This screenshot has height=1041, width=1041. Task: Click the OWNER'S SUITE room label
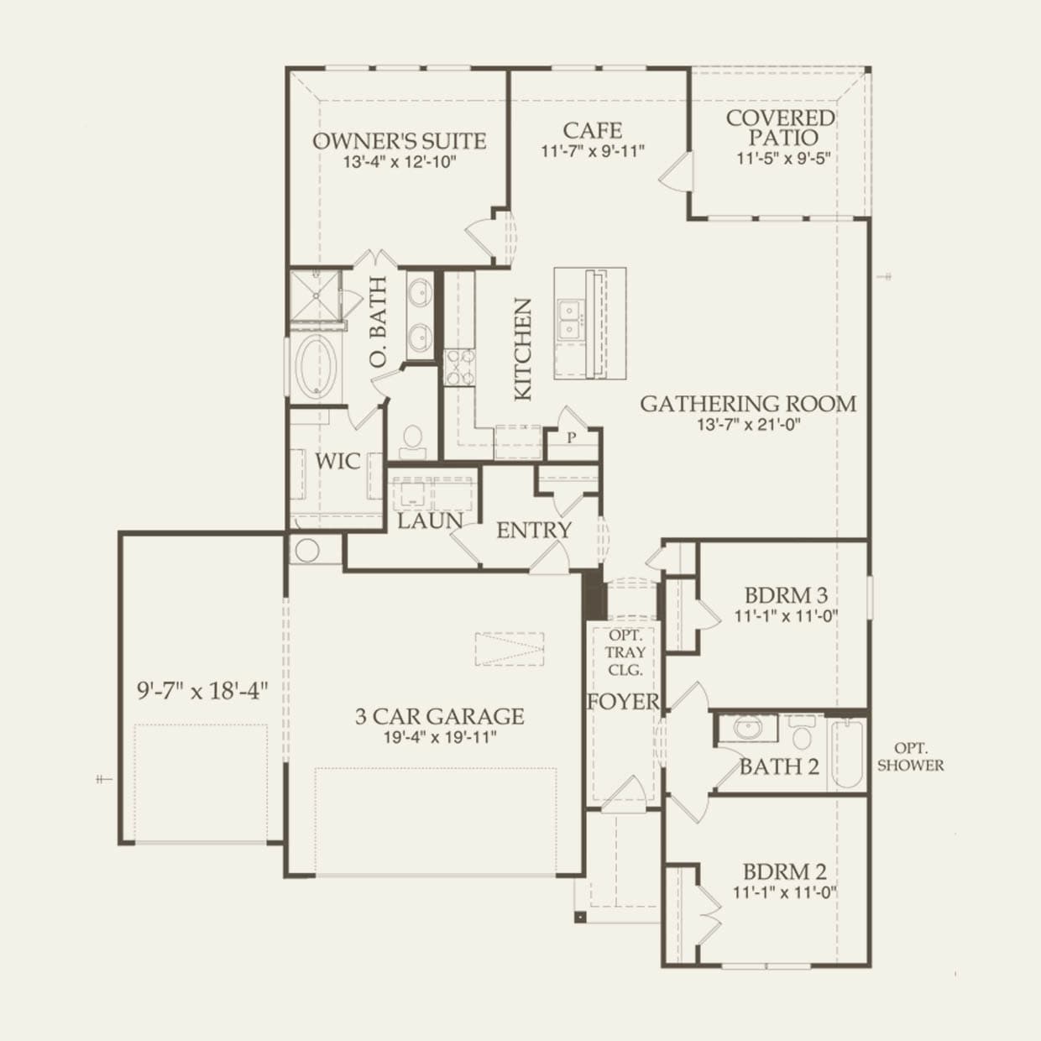pos(400,142)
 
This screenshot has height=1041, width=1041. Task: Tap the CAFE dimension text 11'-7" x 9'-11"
pos(593,151)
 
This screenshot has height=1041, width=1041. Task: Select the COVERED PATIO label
pos(780,128)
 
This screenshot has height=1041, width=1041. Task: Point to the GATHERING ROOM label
pos(748,404)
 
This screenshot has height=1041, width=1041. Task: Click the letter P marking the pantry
pos(572,437)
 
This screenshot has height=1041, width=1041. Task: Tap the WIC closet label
pos(337,462)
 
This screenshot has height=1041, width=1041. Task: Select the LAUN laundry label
pos(431,521)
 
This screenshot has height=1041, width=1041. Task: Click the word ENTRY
pos(534,531)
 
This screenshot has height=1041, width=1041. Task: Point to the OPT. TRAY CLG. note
pos(625,652)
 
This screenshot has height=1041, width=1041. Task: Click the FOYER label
pos(624,702)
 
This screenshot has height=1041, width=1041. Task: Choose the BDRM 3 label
pos(786,596)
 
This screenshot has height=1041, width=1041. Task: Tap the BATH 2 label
pos(779,766)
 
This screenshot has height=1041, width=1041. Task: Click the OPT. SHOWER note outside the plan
pos(910,757)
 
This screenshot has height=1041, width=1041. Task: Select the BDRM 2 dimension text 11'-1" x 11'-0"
pos(785,893)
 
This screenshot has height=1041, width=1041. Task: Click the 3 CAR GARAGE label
pos(439,716)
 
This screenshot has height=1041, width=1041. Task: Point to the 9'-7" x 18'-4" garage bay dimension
pos(202,690)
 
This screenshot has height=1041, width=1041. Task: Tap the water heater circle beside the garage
pos(306,549)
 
